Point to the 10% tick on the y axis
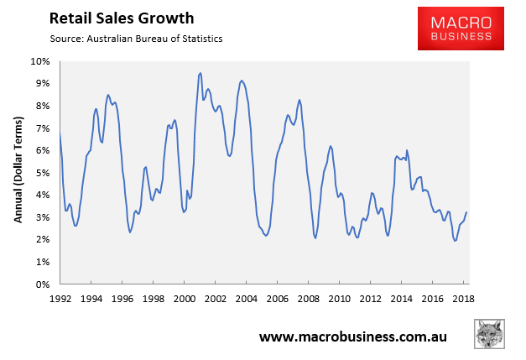click(x=41, y=62)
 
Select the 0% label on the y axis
click(x=44, y=284)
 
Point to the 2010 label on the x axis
click(x=340, y=297)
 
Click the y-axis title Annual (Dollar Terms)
click(x=18, y=172)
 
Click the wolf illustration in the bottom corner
click(x=492, y=333)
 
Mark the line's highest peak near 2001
click(x=201, y=73)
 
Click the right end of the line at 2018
click(x=466, y=212)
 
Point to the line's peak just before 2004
click(x=242, y=81)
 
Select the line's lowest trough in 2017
click(x=455, y=241)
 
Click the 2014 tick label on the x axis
click(x=401, y=297)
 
